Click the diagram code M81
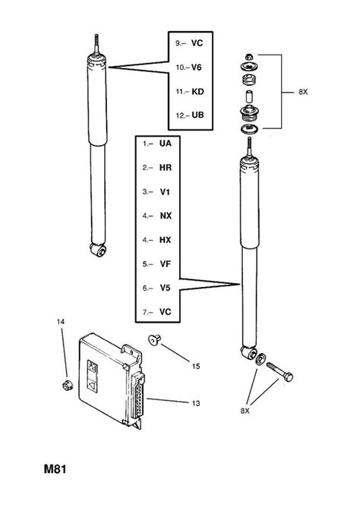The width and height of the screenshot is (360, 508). (x=55, y=469)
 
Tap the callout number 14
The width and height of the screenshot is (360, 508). (x=61, y=322)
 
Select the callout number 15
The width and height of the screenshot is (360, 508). (x=196, y=366)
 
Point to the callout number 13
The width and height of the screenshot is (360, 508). (x=196, y=403)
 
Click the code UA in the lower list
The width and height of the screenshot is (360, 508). (x=166, y=144)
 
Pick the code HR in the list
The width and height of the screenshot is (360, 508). (x=166, y=168)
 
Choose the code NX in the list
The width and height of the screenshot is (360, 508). (x=166, y=216)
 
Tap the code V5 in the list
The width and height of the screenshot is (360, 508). (x=165, y=288)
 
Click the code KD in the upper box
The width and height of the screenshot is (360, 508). (x=197, y=92)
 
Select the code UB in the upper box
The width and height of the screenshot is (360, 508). (x=197, y=115)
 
